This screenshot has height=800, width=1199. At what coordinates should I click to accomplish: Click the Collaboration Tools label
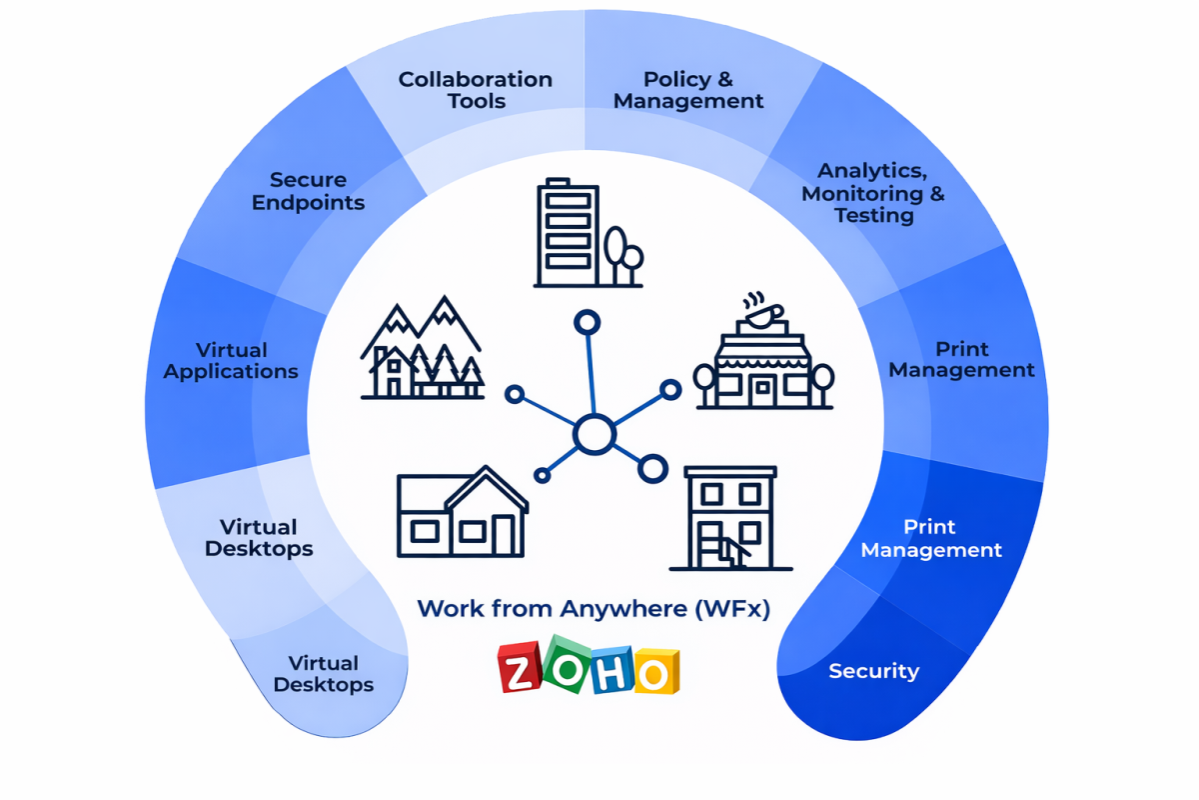point(475,90)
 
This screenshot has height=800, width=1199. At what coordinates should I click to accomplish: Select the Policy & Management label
point(688,90)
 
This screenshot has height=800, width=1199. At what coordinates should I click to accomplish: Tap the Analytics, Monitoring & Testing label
point(872,193)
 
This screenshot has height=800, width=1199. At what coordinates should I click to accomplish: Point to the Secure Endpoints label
point(308,191)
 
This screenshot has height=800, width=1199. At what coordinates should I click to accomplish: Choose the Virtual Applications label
point(231,361)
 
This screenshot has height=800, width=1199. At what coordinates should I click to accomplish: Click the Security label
point(873,671)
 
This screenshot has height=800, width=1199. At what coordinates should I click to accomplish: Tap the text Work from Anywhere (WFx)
point(594,608)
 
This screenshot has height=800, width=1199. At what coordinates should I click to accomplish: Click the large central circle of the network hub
point(593,435)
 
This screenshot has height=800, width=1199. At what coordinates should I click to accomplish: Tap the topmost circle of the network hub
point(587,323)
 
